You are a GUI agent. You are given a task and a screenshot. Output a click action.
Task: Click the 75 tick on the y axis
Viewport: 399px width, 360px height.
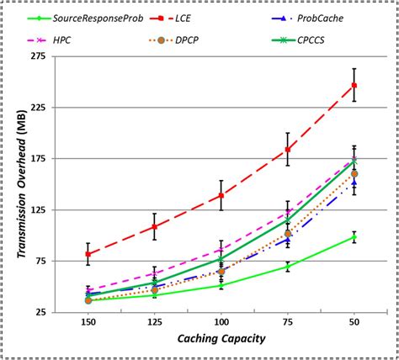point(38,262)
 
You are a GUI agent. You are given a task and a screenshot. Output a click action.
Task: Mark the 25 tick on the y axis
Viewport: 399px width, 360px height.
point(38,312)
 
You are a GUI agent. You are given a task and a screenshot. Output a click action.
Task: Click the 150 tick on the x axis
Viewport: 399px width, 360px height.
point(88,322)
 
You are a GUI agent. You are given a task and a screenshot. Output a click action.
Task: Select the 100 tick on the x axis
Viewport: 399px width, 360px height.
point(221,322)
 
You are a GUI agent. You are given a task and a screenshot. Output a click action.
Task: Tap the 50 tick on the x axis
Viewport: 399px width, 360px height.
point(354,322)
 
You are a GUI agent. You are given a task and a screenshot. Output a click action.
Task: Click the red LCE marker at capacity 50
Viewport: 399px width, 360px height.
point(354,85)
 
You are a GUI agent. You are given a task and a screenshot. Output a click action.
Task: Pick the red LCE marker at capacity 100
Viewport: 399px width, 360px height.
point(221,195)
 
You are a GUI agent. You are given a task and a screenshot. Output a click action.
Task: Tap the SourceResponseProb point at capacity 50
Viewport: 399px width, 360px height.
point(354,237)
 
